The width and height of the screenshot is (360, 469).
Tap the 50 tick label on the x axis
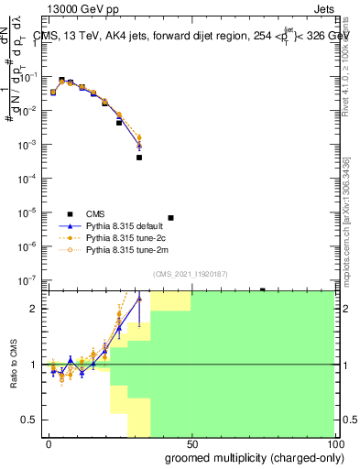191,444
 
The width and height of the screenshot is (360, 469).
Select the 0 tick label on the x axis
49,444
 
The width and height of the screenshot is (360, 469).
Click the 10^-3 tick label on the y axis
32,145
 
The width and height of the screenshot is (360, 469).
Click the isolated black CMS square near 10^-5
171,218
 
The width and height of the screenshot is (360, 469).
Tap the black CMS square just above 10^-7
262,289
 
